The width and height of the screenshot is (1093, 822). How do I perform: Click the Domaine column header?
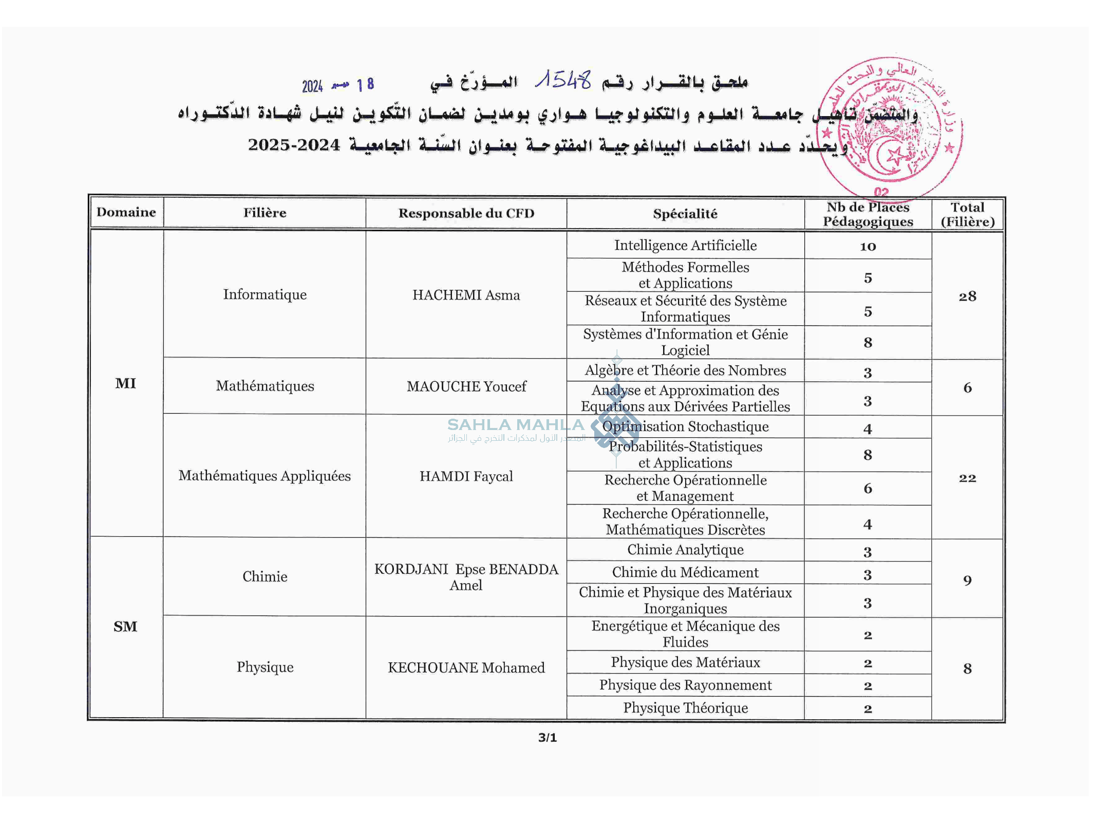coord(126,212)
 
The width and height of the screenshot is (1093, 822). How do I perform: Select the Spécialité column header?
coord(685,214)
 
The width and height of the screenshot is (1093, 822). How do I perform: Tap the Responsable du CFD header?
coord(466,213)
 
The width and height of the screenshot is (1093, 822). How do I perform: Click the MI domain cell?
coord(125,383)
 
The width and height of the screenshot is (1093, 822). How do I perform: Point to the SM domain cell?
coord(125,626)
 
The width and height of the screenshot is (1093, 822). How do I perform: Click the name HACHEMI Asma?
coord(466,295)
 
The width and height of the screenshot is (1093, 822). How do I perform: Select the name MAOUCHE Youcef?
coord(466,386)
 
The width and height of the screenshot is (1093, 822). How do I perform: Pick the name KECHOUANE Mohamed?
coord(466,667)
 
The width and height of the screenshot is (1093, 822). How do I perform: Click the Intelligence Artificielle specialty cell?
coord(685,245)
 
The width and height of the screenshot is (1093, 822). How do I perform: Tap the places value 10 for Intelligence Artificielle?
coord(868,247)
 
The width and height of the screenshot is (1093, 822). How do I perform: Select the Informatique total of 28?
coord(967,296)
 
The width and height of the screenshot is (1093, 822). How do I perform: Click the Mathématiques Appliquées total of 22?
coord(967,478)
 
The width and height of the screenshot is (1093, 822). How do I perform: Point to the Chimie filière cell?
coord(265,576)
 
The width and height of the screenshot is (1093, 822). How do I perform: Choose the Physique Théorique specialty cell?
coord(685,707)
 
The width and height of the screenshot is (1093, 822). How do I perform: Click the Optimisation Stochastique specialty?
coord(685,426)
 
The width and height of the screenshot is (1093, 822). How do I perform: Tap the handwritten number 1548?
coord(563,80)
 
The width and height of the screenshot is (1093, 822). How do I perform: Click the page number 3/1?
coord(547,738)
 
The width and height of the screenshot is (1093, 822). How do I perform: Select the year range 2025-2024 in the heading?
coord(294,145)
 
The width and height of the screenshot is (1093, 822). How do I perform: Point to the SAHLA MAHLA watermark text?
coord(515,425)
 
